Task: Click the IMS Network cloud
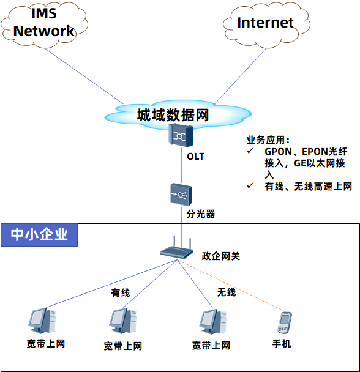pos(45,25)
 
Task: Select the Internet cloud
pos(266,24)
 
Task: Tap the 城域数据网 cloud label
pos(173,115)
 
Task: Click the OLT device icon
pos(181,136)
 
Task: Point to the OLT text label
pos(195,157)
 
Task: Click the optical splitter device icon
pos(181,195)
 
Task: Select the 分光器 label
pos(201,214)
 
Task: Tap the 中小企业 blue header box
pos(39,235)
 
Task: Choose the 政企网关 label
pos(221,256)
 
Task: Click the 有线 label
pos(121,292)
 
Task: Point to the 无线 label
pos(227,292)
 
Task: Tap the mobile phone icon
pos(285,323)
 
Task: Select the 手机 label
pos(282,344)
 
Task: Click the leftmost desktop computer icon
pos(42,321)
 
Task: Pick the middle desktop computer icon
pos(123,321)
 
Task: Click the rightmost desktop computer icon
pos(213,322)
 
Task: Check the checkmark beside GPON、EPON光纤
pos(250,151)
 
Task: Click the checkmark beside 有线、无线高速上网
pos(250,185)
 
